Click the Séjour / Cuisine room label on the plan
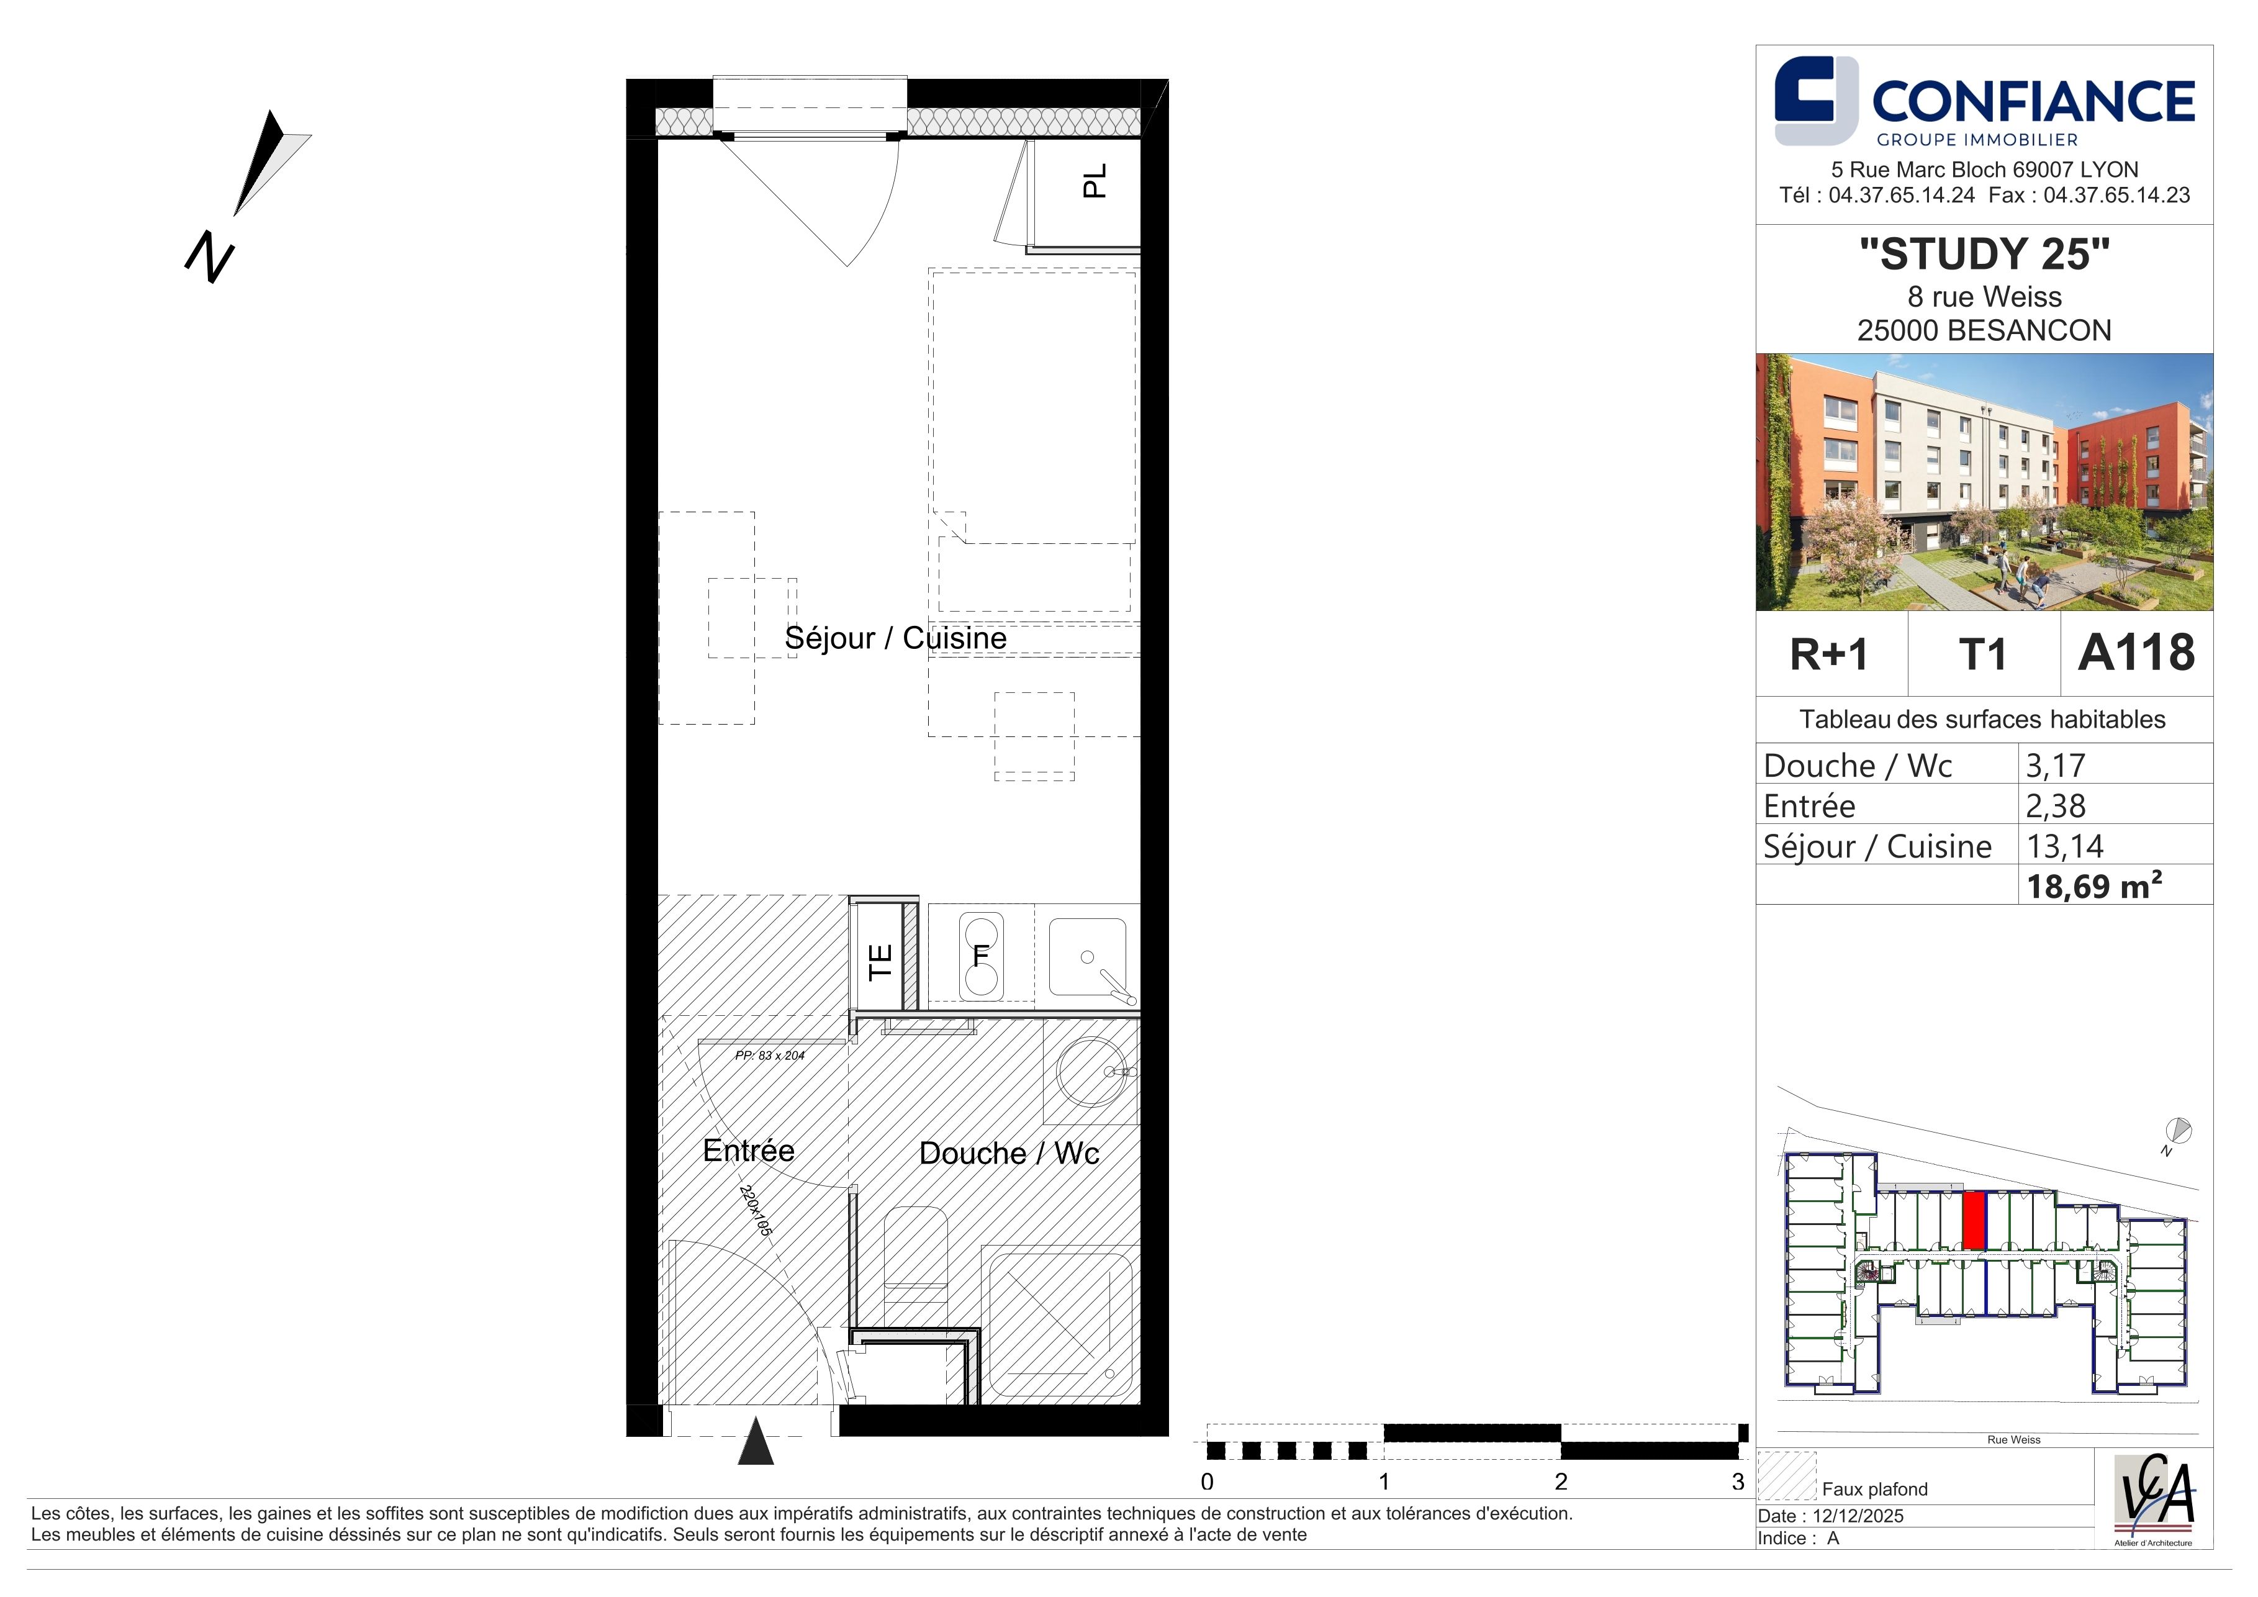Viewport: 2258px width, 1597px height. click(895, 638)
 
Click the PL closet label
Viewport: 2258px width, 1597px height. click(1093, 181)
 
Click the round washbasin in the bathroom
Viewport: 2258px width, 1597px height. click(1091, 1072)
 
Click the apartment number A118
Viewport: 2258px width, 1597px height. click(2136, 653)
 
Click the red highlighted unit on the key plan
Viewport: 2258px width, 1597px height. click(1973, 1220)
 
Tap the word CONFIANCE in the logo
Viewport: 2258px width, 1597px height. click(2033, 101)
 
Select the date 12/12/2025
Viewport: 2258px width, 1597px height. click(1858, 1516)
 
